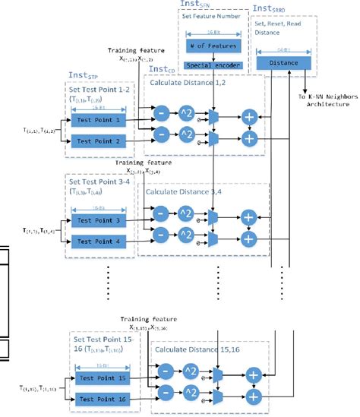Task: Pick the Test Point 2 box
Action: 96,141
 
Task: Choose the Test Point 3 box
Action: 96,220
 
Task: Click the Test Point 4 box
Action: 96,242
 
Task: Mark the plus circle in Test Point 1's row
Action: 248,116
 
